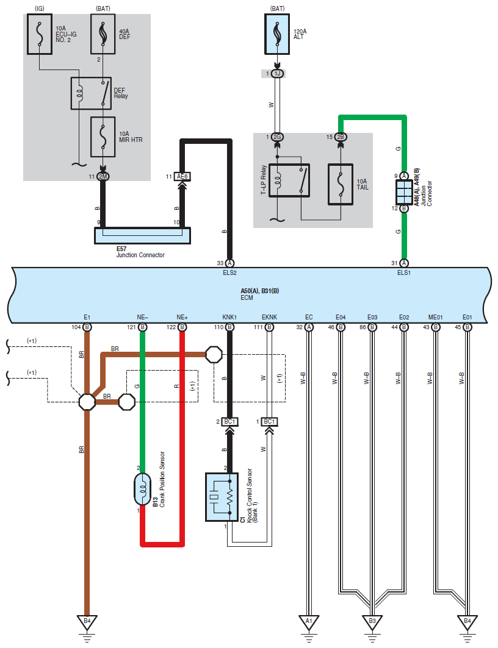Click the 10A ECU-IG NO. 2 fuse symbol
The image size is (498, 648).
point(40,34)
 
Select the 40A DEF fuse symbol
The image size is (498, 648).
point(103,34)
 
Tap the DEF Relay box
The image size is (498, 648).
point(91,93)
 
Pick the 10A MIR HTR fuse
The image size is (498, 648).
point(103,137)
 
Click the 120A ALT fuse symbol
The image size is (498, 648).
point(277,34)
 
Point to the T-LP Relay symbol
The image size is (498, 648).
point(289,180)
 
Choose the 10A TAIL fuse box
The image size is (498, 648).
point(341,184)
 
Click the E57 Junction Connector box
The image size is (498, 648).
point(142,235)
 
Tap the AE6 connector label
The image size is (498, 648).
point(182,176)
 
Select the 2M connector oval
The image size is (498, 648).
point(103,176)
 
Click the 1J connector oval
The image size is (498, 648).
point(277,74)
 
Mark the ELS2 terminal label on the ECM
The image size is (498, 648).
point(229,272)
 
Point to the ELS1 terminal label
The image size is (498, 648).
point(404,272)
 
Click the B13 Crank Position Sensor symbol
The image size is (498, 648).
point(142,490)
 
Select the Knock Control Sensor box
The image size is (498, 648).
point(222,497)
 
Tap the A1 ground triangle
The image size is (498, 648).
point(309,622)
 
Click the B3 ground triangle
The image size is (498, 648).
point(372,622)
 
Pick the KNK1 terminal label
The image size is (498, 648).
point(229,318)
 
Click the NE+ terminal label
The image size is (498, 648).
point(182,318)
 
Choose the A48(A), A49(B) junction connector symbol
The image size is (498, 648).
point(404,192)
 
